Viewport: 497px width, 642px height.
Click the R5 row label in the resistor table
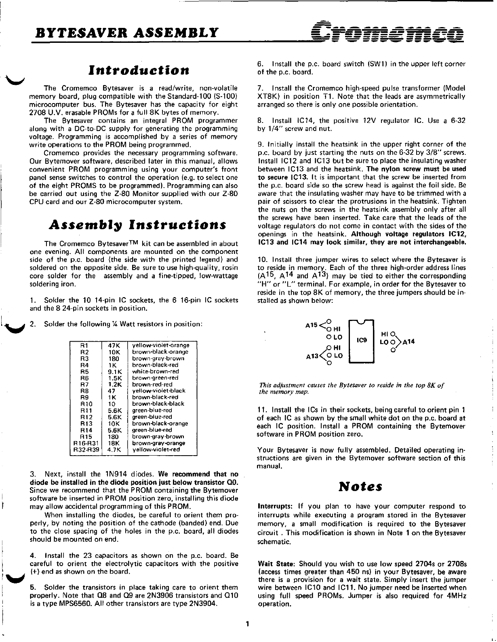(x=84, y=371)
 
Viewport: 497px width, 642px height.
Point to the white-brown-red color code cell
(x=155, y=371)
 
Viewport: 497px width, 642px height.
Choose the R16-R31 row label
(x=84, y=443)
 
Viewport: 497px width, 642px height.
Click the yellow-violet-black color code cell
(x=159, y=391)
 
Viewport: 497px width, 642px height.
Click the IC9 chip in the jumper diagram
(x=362, y=340)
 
